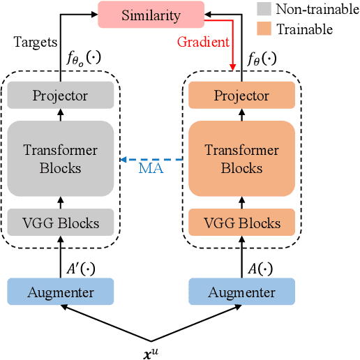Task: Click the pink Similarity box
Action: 150,14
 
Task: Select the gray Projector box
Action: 60,95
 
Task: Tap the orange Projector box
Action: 241,95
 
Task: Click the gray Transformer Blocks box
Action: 60,158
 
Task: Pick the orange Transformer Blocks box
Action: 241,158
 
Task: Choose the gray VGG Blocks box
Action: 60,223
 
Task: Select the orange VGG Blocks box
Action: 241,223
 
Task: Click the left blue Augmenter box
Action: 60,292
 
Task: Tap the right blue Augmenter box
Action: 241,292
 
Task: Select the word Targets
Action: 35,42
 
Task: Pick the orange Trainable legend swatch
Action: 264,29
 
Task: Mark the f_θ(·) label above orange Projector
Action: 262,59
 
